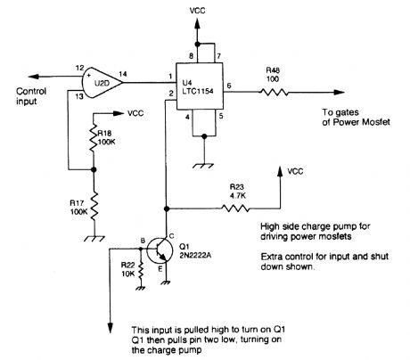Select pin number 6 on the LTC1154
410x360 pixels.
(230, 84)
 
